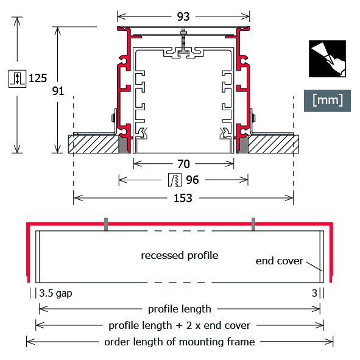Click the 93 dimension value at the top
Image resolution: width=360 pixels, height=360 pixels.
tap(183, 17)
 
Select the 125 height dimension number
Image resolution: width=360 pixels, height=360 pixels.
tap(38, 79)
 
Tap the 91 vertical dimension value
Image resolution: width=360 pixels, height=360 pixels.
tap(58, 91)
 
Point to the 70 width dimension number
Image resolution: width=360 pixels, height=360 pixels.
tap(183, 164)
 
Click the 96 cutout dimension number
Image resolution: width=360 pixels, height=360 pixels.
tap(192, 180)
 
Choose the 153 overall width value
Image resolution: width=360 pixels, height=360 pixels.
tap(183, 198)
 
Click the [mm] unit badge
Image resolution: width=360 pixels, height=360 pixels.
tap(327, 101)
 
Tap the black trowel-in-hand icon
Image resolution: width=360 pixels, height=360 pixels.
tap(327, 58)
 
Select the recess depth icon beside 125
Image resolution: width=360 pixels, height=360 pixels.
tap(17, 79)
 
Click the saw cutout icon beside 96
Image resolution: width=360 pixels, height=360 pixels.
tap(175, 180)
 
